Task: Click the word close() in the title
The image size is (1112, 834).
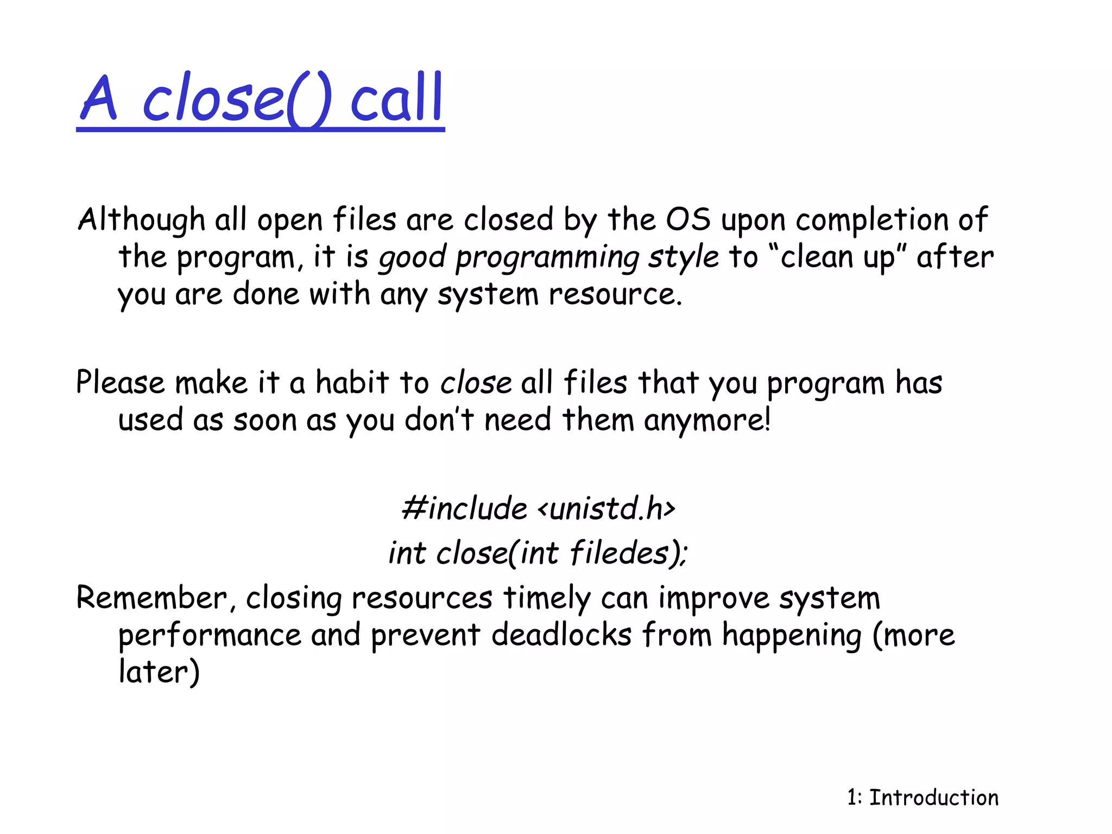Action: (236, 99)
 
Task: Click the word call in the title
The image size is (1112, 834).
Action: (397, 99)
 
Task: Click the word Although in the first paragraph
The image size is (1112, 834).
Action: (141, 220)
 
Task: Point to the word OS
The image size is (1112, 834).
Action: (688, 219)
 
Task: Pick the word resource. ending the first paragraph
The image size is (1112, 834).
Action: (615, 295)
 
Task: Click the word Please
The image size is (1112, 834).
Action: (120, 382)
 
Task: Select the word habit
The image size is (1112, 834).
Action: (352, 382)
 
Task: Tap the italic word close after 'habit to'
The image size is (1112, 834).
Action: (476, 382)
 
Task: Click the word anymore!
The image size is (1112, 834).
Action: (707, 420)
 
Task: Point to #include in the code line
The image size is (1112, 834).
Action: (464, 509)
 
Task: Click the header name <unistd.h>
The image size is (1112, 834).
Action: (606, 509)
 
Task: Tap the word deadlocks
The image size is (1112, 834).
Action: (561, 635)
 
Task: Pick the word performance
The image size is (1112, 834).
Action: (210, 636)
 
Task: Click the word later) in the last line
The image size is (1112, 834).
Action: (159, 672)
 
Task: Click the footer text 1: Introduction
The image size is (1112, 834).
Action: (923, 798)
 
